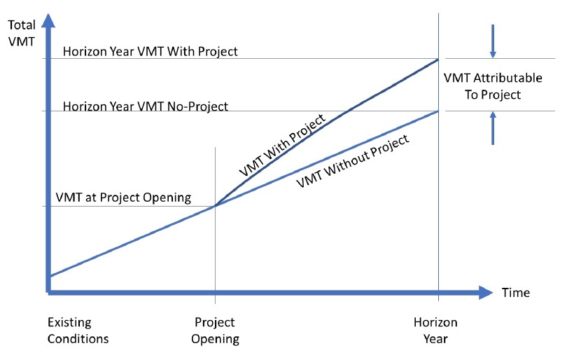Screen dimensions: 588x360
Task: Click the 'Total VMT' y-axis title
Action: pyautogui.click(x=22, y=33)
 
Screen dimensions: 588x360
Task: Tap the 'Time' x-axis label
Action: pyautogui.click(x=516, y=293)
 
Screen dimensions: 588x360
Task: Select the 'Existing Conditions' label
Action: pyautogui.click(x=78, y=331)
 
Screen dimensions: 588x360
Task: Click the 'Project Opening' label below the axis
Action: pyautogui.click(x=215, y=331)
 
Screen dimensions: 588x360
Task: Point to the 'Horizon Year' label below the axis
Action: pyautogui.click(x=435, y=331)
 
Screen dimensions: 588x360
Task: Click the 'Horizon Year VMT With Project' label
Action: pyautogui.click(x=150, y=51)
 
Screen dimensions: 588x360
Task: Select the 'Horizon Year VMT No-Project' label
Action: pyautogui.click(x=146, y=106)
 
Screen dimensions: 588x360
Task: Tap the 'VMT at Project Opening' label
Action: pyautogui.click(x=123, y=198)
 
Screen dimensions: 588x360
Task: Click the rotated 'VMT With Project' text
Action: pyautogui.click(x=282, y=145)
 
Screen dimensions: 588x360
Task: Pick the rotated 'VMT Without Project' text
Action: pyautogui.click(x=353, y=161)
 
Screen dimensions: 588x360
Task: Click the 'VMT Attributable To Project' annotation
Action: pyautogui.click(x=493, y=86)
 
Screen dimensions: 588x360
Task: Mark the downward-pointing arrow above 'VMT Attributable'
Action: pyautogui.click(x=493, y=41)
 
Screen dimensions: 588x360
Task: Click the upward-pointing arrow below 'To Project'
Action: pyautogui.click(x=493, y=128)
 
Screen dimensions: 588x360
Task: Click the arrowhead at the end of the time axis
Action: pyautogui.click(x=486, y=292)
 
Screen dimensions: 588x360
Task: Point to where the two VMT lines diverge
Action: pyautogui.click(x=216, y=206)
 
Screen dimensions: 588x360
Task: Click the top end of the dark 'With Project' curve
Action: pyautogui.click(x=438, y=60)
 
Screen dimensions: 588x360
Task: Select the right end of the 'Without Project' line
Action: pyautogui.click(x=438, y=111)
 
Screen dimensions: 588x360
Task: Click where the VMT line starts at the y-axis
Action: pyautogui.click(x=49, y=276)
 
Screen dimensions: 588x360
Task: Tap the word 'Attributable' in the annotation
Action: pyautogui.click(x=507, y=78)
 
